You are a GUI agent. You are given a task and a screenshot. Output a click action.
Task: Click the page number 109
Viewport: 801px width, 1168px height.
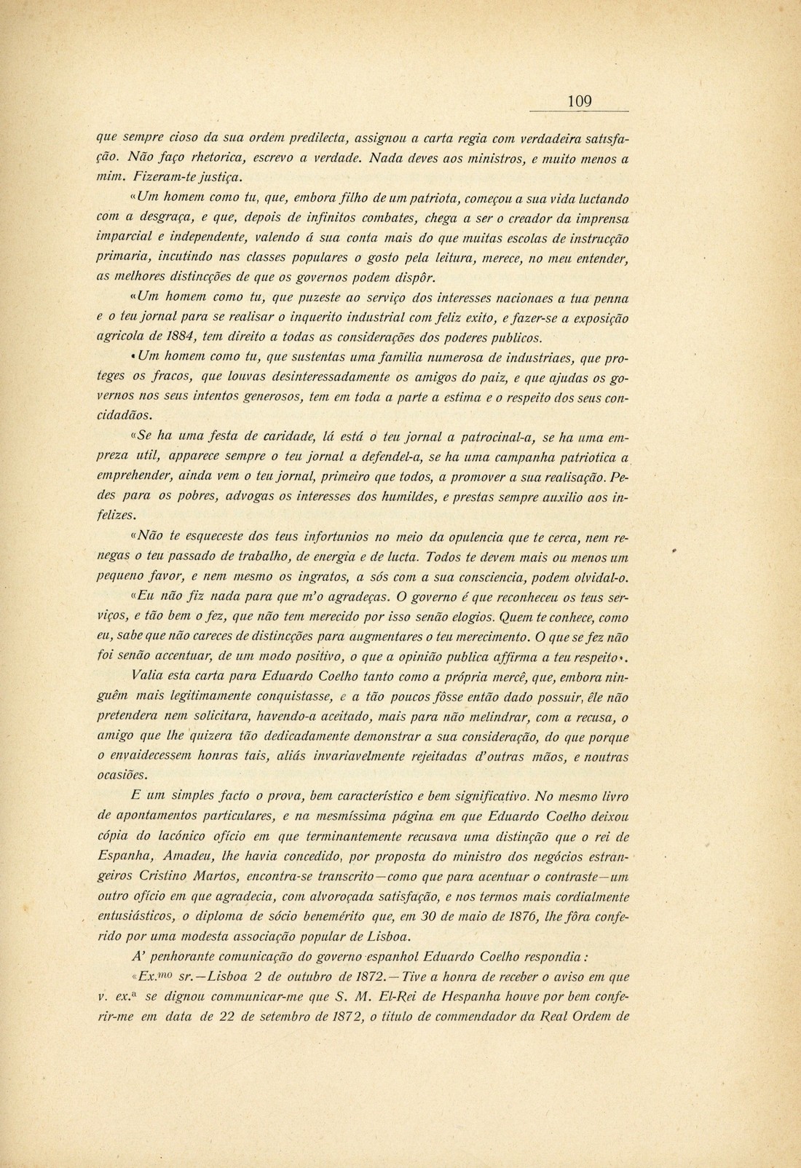point(580,102)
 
